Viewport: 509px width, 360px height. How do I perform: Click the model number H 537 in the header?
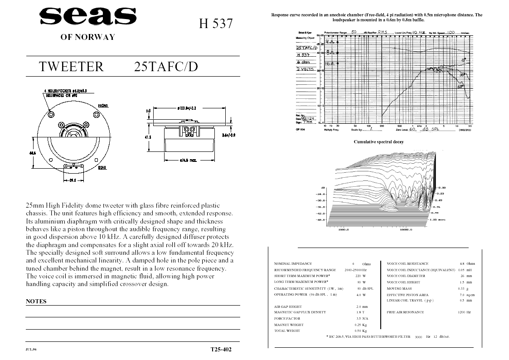[x=216, y=24]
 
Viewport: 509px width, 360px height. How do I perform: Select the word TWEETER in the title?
[x=71, y=67]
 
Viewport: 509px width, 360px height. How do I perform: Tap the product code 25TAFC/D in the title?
[x=166, y=67]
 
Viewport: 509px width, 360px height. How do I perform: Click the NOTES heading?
[x=36, y=301]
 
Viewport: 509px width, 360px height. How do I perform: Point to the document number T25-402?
[x=221, y=350]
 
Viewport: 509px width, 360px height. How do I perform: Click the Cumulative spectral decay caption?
[x=378, y=142]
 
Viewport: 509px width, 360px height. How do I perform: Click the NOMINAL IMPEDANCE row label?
[x=293, y=263]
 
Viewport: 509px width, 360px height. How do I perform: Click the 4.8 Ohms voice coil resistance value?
[x=467, y=263]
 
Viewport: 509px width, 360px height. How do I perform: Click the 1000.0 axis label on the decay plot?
[x=345, y=229]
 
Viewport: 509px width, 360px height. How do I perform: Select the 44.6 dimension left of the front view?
[x=33, y=153]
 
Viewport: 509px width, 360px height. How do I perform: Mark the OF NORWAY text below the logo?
[x=87, y=37]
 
